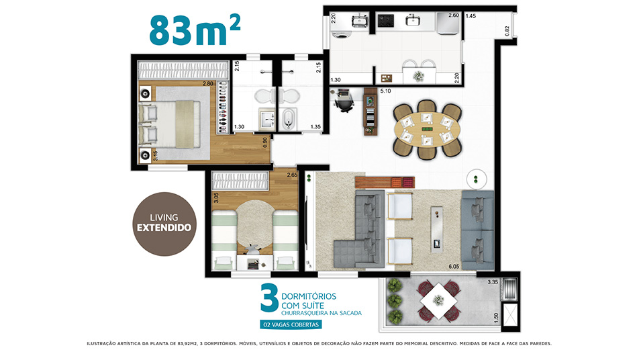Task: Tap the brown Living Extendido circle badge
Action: point(164,224)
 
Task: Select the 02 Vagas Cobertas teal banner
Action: point(291,324)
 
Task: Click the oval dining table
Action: point(427,129)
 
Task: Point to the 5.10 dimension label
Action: point(385,91)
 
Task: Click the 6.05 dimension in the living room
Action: point(454,266)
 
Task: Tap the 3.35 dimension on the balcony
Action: point(493,281)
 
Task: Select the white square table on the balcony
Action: point(438,301)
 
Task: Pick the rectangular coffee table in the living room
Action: point(437,230)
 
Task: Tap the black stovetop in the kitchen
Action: point(385,20)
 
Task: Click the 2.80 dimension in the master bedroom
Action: point(208,83)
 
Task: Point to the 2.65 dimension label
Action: point(292,175)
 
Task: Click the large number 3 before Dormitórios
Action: point(269,298)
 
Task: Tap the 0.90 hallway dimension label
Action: point(265,142)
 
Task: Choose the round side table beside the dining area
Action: point(477,179)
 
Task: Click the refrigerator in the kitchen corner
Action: point(448,24)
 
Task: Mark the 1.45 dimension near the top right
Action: point(471,16)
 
